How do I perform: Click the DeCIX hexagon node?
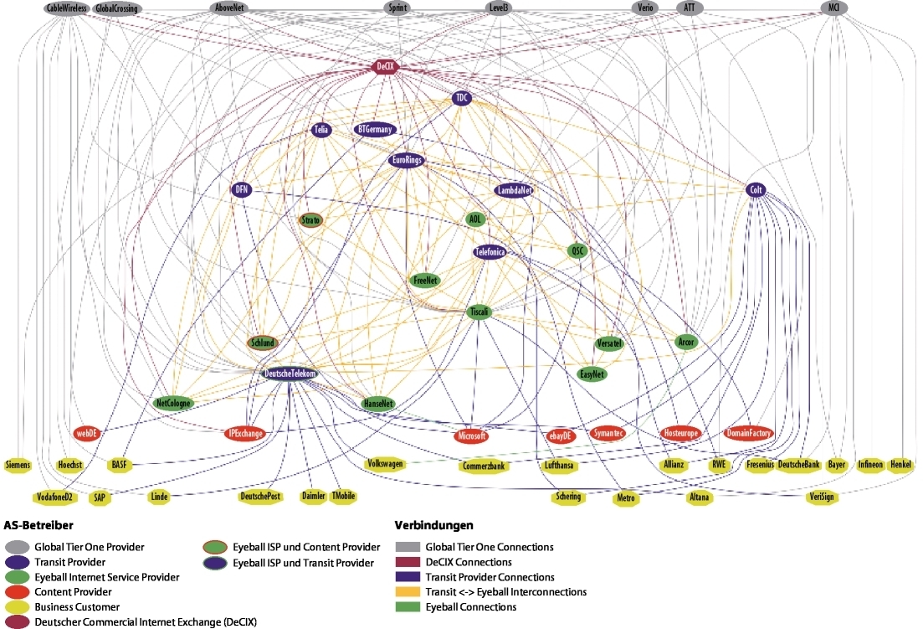pos(384,65)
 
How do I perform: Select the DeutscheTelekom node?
pos(290,374)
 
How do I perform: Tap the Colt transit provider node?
pos(756,190)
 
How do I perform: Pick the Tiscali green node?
pos(479,312)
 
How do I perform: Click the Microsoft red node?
pos(471,436)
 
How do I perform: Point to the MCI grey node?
pos(833,8)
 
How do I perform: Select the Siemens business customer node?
pos(18,464)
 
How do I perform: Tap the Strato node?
pos(310,220)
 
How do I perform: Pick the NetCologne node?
pos(174,403)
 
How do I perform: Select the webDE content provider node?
pos(87,433)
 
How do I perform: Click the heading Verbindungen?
pos(433,526)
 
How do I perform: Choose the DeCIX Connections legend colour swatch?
pos(408,562)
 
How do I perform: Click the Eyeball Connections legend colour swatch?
pos(408,606)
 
